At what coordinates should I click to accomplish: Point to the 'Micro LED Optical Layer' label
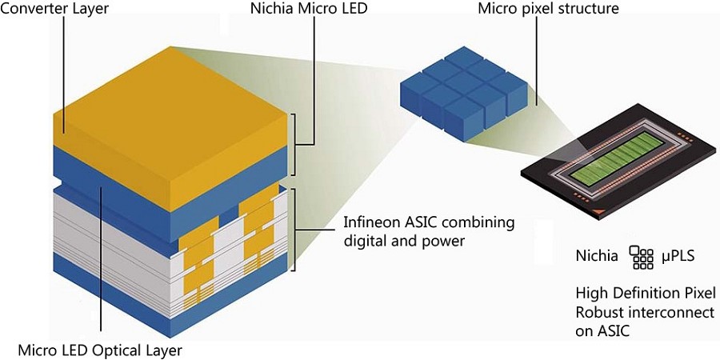tap(100, 350)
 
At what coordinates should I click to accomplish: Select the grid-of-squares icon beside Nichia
tap(641, 256)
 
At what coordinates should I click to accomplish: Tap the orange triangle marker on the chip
tap(595, 210)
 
